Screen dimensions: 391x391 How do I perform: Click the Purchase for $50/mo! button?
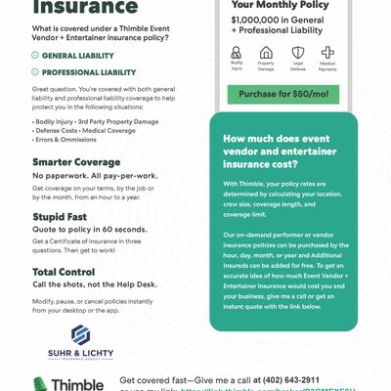pyautogui.click(x=291, y=93)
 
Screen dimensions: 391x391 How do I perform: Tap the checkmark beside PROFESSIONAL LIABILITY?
pyautogui.click(x=36, y=72)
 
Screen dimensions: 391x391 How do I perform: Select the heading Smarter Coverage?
pyautogui.click(x=76, y=161)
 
